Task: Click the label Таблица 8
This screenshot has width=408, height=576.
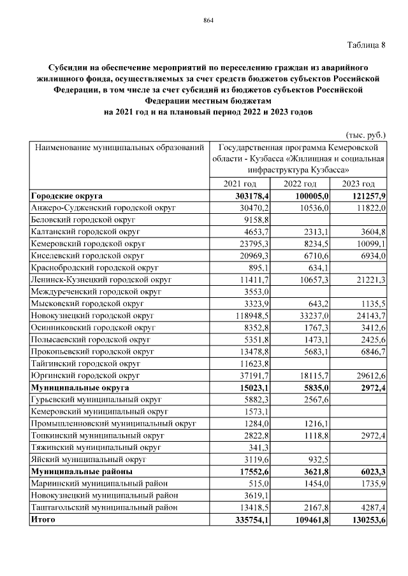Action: click(x=367, y=45)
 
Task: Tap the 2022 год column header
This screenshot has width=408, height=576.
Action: click(x=300, y=183)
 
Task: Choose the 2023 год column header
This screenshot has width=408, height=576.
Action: click(x=359, y=183)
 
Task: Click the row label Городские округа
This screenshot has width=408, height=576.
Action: click(x=67, y=195)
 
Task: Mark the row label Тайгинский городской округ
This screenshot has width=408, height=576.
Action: click(x=85, y=363)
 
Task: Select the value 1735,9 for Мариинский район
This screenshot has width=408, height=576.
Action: click(x=371, y=484)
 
